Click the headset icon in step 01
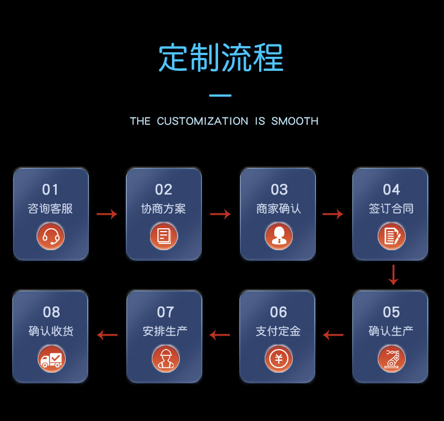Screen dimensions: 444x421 click(x=51, y=236)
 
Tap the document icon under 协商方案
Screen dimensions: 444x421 click(x=164, y=236)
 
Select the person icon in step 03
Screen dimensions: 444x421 click(x=279, y=236)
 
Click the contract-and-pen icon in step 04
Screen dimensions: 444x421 click(x=392, y=236)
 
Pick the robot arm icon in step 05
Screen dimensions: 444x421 click(x=392, y=359)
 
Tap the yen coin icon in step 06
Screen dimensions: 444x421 click(x=279, y=359)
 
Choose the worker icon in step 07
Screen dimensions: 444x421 click(x=166, y=359)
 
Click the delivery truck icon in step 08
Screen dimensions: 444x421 click(x=52, y=359)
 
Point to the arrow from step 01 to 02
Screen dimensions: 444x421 click(x=107, y=214)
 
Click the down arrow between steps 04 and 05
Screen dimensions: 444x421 click(x=393, y=275)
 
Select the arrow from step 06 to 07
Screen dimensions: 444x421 click(x=220, y=335)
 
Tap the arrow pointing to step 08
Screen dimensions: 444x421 click(x=107, y=335)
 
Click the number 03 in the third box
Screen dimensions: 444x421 click(x=279, y=189)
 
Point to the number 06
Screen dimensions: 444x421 click(x=278, y=312)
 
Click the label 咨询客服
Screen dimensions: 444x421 click(x=51, y=209)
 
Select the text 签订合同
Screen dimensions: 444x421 click(x=391, y=209)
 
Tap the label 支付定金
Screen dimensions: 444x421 click(x=278, y=331)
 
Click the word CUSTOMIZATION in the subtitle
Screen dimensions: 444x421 click(x=202, y=121)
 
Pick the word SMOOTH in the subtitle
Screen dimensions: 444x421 click(x=295, y=121)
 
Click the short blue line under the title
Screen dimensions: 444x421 click(x=220, y=96)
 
